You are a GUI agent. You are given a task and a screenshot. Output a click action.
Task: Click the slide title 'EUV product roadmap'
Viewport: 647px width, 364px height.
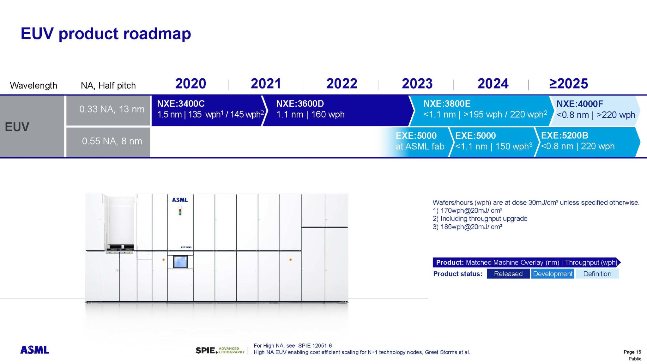[106, 33]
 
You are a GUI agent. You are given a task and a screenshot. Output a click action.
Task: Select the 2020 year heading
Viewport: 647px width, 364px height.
[190, 84]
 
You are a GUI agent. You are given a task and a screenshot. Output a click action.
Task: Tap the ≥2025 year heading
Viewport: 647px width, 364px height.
[568, 84]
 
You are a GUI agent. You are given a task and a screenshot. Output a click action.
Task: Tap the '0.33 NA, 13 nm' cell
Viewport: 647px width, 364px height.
[108, 109]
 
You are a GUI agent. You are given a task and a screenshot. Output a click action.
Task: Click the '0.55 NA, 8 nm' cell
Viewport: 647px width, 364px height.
[108, 141]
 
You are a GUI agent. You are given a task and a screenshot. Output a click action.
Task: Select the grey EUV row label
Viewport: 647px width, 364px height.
[32, 126]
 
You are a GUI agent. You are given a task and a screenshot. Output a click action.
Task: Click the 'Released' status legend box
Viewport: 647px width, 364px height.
[508, 274]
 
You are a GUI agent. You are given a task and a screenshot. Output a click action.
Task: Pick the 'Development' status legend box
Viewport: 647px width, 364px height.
[553, 274]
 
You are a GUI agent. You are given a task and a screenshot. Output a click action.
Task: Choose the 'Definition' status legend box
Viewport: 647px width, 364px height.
[597, 274]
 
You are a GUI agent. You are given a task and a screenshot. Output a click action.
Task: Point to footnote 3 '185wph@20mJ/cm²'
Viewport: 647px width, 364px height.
[468, 227]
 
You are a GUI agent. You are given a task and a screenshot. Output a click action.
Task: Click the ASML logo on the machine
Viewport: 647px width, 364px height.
[180, 200]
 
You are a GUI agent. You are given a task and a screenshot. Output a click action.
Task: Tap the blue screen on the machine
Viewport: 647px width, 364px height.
[180, 262]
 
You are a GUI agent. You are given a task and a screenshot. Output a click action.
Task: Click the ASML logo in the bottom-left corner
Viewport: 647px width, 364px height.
[35, 350]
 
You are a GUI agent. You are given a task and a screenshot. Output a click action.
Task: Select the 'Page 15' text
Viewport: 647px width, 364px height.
[632, 352]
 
